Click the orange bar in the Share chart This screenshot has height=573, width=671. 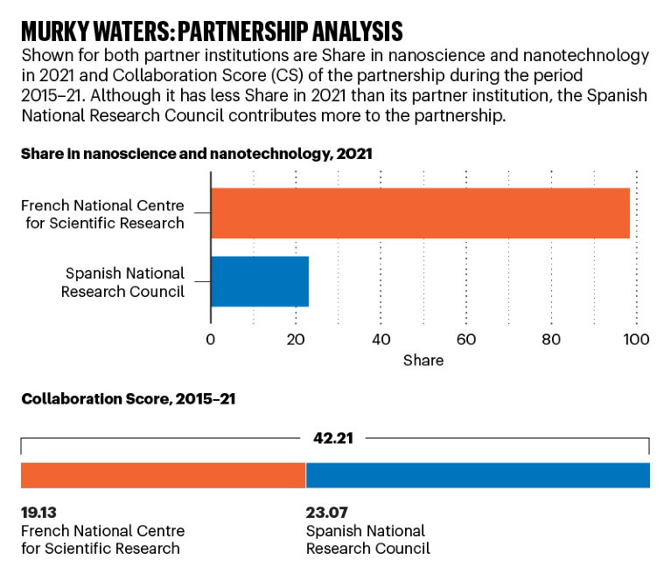coord(420,213)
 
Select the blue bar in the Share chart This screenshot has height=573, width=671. coord(260,281)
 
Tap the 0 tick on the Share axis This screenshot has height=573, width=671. coord(211,339)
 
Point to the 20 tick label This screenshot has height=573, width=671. coord(296,339)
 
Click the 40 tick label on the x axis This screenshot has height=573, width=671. coord(381,339)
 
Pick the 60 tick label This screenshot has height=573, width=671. coord(466,339)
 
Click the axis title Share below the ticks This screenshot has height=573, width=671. coord(423,360)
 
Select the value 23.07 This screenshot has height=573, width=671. coord(325,513)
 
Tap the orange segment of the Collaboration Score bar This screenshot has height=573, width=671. coord(163,475)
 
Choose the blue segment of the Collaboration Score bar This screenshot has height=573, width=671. coord(478,475)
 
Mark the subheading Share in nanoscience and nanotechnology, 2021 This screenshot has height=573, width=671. coord(197,154)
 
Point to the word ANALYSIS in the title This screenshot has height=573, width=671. coord(350,31)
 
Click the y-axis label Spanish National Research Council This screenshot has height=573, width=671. coord(123,282)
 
